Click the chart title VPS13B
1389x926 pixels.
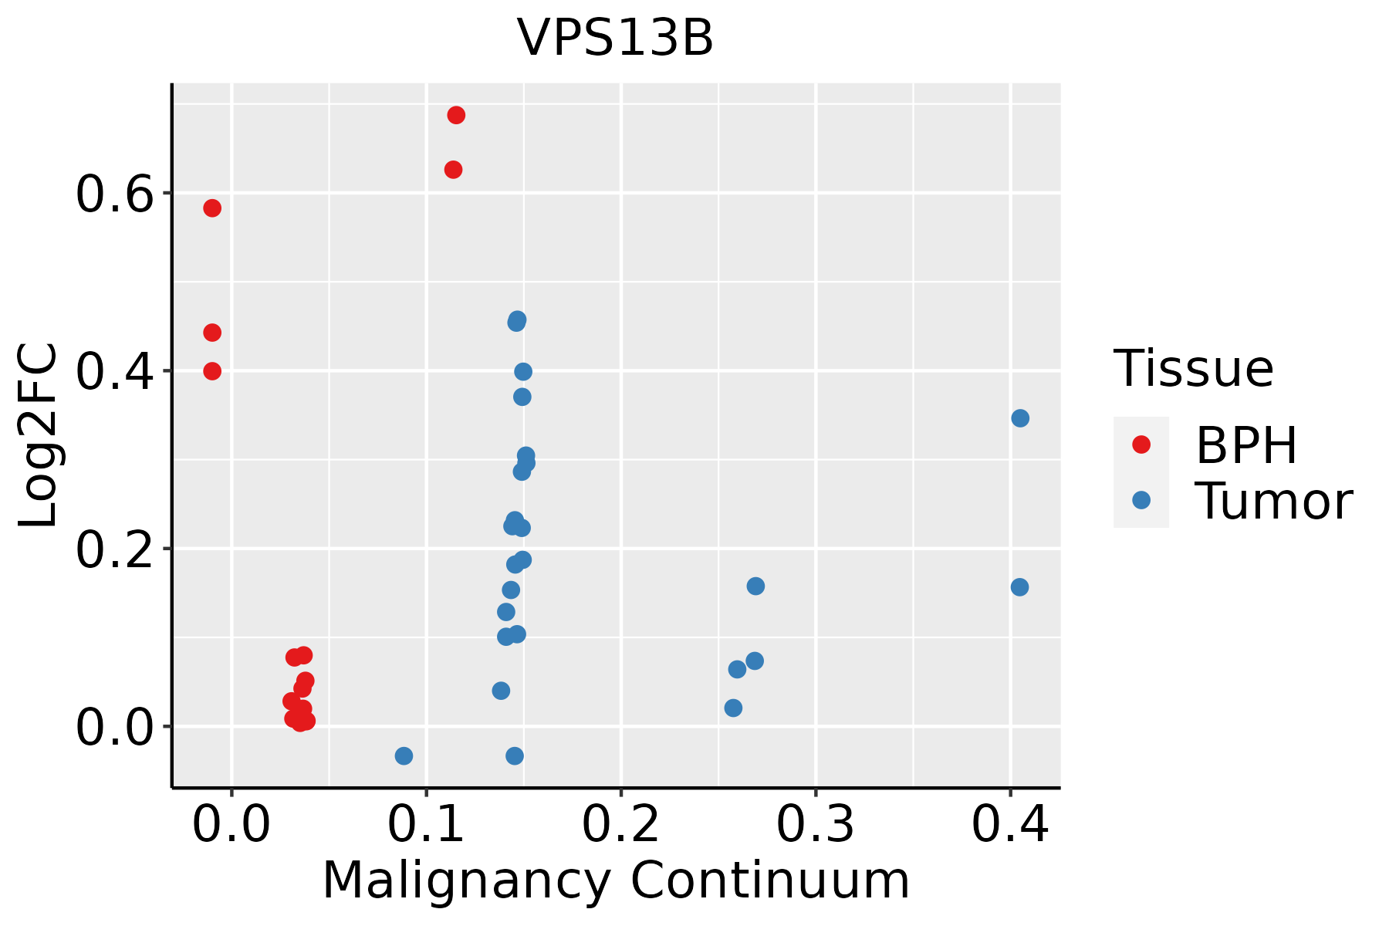pyautogui.click(x=615, y=39)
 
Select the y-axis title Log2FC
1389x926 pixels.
pyautogui.click(x=39, y=436)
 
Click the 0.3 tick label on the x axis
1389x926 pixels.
pyautogui.click(x=815, y=825)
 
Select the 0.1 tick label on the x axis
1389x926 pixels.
pyautogui.click(x=426, y=825)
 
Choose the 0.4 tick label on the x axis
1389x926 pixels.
pyautogui.click(x=1009, y=825)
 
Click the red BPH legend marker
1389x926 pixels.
pyautogui.click(x=1141, y=444)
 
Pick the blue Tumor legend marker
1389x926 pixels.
pyautogui.click(x=1141, y=500)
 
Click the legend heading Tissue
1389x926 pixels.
pyautogui.click(x=1193, y=369)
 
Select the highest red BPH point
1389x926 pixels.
pyautogui.click(x=456, y=116)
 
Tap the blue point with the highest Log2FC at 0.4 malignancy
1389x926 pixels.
pyautogui.click(x=1020, y=418)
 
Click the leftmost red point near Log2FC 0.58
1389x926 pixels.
pyautogui.click(x=212, y=208)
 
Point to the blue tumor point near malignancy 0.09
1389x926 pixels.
pyautogui.click(x=404, y=755)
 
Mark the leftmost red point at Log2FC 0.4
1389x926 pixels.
pyautogui.click(x=212, y=371)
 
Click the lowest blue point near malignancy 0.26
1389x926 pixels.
pyautogui.click(x=733, y=708)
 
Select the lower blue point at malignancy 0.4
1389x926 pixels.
pyautogui.click(x=1019, y=587)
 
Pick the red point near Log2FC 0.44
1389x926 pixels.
pyautogui.click(x=212, y=333)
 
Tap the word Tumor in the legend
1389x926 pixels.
pyautogui.click(x=1273, y=502)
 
